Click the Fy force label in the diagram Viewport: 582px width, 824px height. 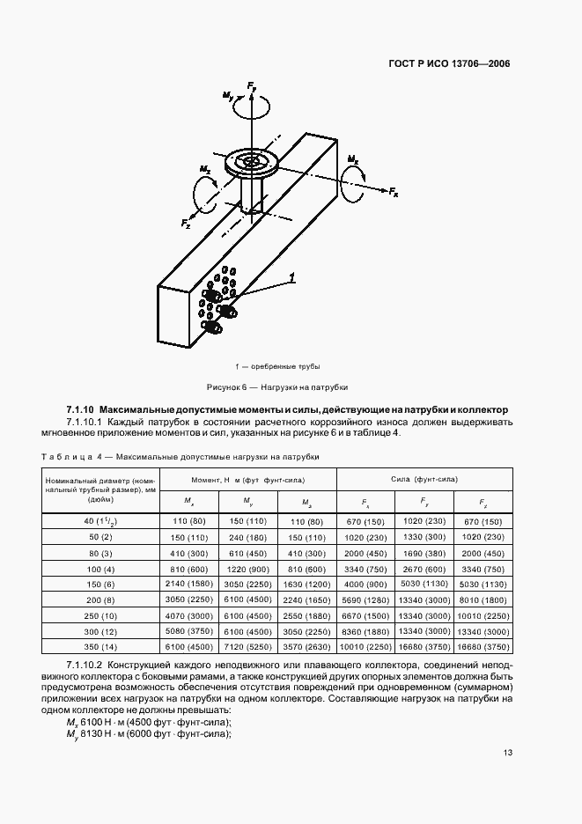(x=253, y=86)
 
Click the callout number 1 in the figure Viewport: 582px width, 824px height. (x=291, y=278)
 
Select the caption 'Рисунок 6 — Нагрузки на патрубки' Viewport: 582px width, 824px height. (x=277, y=386)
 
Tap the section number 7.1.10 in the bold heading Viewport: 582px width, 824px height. (x=80, y=410)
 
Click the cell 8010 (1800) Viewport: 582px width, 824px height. (x=483, y=600)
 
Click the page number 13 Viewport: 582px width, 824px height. (x=508, y=752)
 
